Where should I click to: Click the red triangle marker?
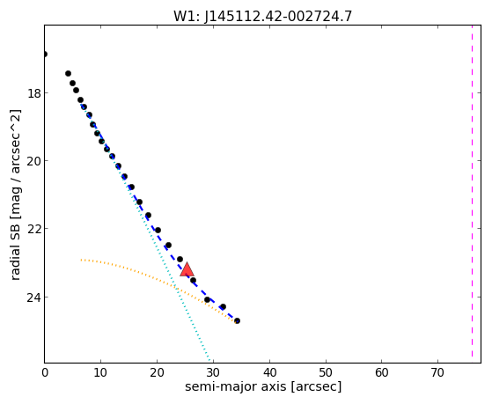point(187,269)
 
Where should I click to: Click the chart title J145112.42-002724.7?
point(278,17)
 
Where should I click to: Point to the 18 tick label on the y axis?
point(33,93)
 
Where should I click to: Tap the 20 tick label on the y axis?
point(33,161)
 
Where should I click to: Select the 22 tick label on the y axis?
point(33,229)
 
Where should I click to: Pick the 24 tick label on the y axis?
point(33,297)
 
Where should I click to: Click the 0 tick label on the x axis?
point(45,372)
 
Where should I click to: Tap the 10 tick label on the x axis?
point(100,372)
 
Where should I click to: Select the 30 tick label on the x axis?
point(213,372)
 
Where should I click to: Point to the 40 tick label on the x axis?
point(269,372)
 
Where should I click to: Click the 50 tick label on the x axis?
point(326,372)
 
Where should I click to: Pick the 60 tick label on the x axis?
point(382,372)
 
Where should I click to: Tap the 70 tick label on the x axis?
point(437,372)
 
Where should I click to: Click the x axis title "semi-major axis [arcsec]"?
point(263,386)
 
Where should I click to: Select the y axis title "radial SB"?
point(15,251)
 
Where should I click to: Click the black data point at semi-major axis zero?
point(45,55)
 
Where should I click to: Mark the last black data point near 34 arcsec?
point(237,320)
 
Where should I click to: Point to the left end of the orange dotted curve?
point(81,260)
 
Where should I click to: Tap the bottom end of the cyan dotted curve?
point(209,360)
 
